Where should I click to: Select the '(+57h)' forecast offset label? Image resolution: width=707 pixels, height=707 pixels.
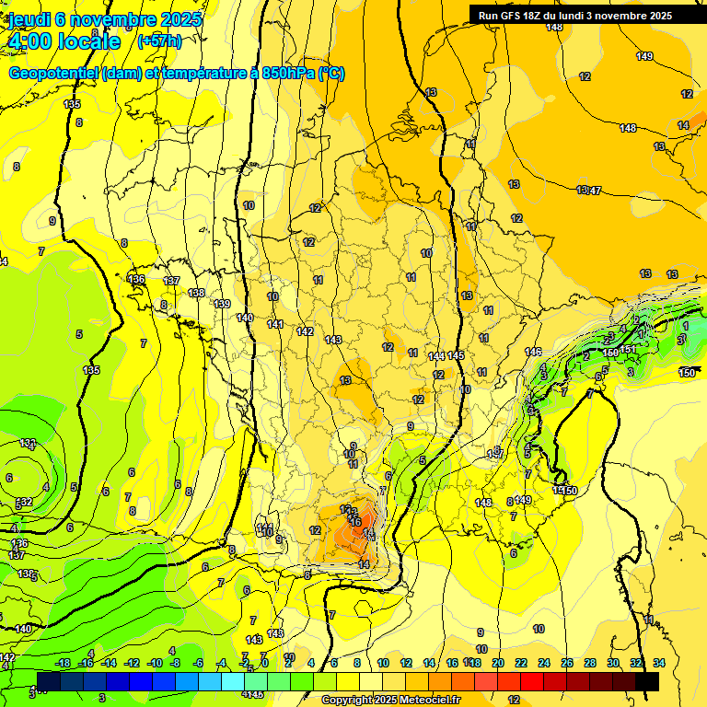[159, 41]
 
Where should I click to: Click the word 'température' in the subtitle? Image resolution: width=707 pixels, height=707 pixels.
[199, 74]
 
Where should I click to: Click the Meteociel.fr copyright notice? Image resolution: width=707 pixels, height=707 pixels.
[390, 701]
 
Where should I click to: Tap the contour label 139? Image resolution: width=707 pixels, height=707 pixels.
[222, 304]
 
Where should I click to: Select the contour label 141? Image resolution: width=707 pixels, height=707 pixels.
[274, 324]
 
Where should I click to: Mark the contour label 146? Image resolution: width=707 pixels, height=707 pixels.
[533, 352]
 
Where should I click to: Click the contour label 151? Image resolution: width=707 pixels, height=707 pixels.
[628, 349]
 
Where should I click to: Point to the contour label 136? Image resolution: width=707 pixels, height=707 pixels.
[137, 279]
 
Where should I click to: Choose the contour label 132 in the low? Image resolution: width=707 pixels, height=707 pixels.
[25, 502]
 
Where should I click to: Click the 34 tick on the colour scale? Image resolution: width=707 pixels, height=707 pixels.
[659, 663]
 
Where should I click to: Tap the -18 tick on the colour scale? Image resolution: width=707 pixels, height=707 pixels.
[64, 663]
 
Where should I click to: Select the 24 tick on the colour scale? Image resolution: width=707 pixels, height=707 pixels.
[544, 663]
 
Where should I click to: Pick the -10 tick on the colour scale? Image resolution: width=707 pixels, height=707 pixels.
[156, 663]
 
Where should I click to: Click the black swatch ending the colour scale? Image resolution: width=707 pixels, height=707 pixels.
[647, 681]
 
